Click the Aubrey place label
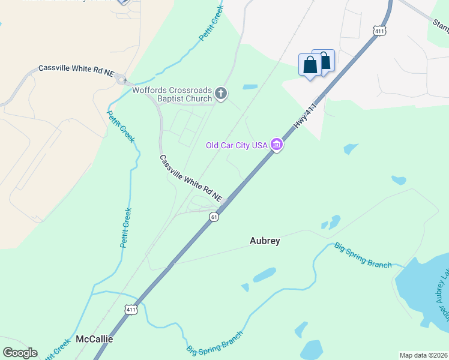click(265, 241)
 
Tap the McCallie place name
click(94, 339)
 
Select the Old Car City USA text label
click(236, 145)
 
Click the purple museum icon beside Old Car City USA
click(276, 145)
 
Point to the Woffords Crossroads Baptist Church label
click(172, 94)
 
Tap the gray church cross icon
click(221, 93)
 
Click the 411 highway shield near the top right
click(379, 29)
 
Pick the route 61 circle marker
click(214, 217)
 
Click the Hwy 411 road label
click(304, 114)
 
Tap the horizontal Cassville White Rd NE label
click(76, 70)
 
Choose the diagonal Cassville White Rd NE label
click(191, 178)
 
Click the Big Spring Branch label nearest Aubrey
click(363, 255)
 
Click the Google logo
click(20, 353)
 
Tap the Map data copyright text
click(423, 355)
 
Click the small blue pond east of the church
click(250, 87)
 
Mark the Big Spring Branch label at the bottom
click(214, 343)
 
